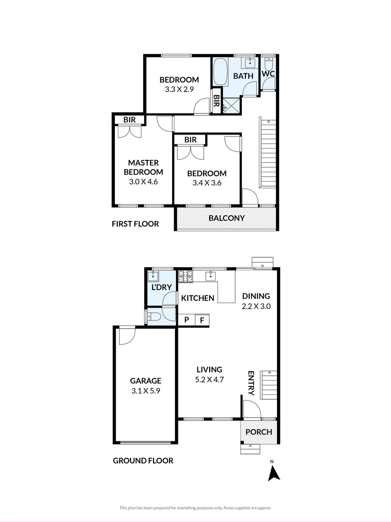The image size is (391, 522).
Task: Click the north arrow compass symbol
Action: point(274,472)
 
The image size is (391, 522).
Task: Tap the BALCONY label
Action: point(226,218)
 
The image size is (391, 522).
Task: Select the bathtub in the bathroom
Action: point(220,71)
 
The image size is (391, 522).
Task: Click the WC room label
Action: point(268,73)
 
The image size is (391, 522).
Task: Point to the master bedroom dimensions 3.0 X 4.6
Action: point(143,182)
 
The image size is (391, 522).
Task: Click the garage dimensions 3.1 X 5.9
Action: point(146,391)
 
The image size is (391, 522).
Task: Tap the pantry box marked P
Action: point(187,320)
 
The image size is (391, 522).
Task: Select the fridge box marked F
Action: point(202,320)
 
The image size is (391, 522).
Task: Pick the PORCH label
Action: point(259,432)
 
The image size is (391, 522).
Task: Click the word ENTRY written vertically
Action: point(251,383)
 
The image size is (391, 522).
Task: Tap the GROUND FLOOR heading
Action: point(143,461)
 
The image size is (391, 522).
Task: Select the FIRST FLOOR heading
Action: point(135,224)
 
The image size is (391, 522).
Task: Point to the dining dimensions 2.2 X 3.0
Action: point(256,306)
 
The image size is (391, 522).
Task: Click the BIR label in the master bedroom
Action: point(130,119)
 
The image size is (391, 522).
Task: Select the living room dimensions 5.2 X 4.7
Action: point(209,379)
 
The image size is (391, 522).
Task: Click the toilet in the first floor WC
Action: point(268,63)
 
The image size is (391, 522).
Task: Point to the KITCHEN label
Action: point(197,298)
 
